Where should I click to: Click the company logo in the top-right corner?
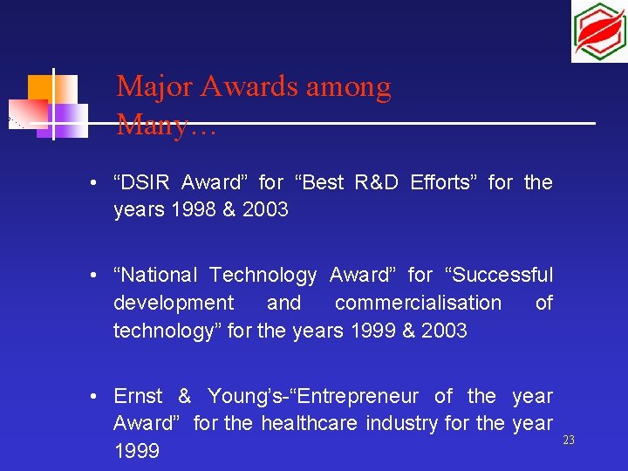tap(598, 32)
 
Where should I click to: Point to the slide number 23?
tap(569, 440)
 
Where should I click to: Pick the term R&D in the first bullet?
tap(378, 182)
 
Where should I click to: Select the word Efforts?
tap(443, 182)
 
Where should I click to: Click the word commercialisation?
tap(418, 304)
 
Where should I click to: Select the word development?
tap(174, 304)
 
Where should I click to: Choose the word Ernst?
tap(138, 396)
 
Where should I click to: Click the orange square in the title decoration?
tap(40, 88)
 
